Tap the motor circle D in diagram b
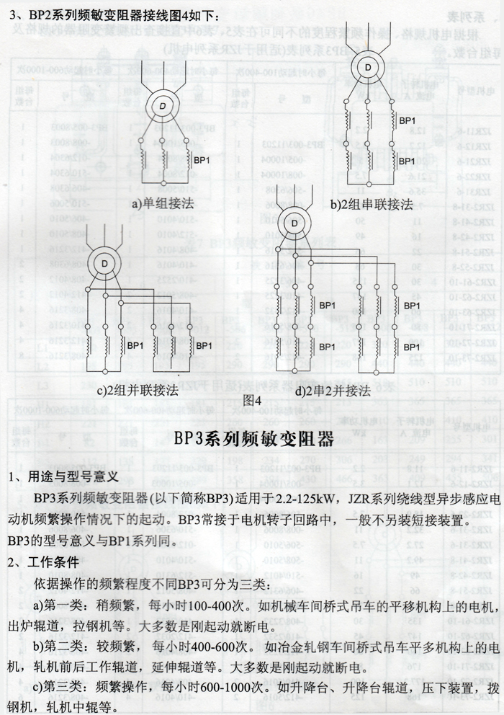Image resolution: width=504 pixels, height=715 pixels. [367, 68]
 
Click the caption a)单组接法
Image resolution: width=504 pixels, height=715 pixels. [163, 204]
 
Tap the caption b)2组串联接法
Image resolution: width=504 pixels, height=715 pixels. [372, 204]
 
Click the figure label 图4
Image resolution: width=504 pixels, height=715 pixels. [251, 399]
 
